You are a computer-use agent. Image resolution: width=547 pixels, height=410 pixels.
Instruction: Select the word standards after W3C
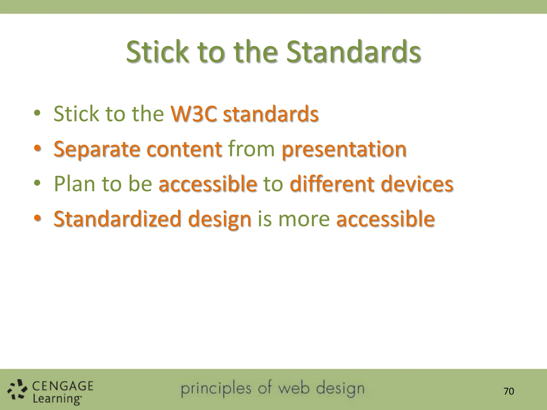(271, 114)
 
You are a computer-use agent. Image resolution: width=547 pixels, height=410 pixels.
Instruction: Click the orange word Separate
(97, 149)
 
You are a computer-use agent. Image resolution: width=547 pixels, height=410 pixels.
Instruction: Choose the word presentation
(344, 149)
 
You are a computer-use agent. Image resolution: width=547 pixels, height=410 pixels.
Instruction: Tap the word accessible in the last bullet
(385, 219)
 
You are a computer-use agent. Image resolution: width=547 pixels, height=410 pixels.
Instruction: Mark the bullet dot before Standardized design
(37, 218)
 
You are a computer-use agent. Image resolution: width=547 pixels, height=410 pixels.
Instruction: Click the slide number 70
(509, 391)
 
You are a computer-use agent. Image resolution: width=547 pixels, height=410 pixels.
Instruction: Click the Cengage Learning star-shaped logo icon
(17, 391)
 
